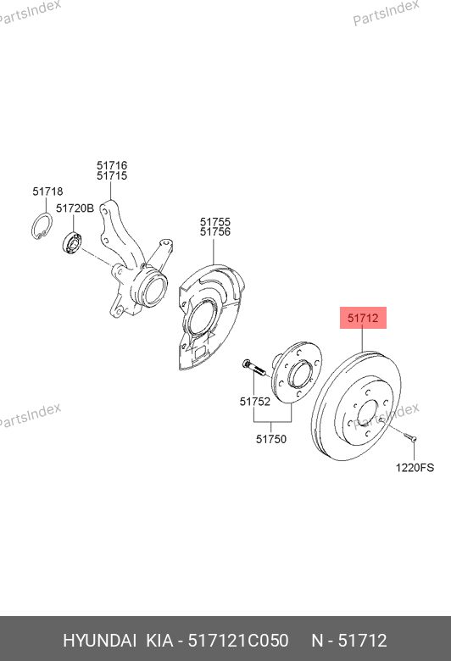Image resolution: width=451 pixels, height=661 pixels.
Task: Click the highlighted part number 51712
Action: coord(363,318)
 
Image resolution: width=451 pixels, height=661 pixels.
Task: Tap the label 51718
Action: coord(47,192)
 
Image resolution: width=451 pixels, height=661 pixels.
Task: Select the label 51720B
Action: coord(75,208)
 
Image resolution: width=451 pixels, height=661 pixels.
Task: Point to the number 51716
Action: coord(112,165)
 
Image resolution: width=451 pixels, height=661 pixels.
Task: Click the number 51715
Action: coord(112,175)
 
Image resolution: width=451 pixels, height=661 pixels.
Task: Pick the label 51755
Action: coord(215,222)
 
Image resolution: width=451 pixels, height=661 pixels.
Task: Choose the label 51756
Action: coord(215,232)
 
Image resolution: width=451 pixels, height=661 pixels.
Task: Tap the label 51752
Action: coord(255,402)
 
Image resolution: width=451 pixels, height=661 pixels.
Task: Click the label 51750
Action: coord(270,439)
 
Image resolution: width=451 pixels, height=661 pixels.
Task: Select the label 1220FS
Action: coord(415,468)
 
